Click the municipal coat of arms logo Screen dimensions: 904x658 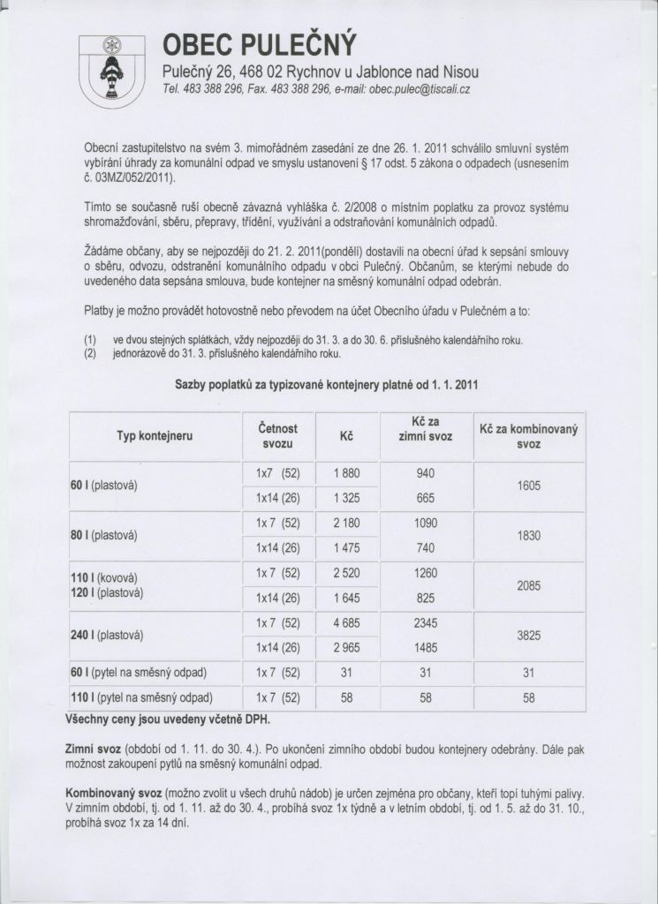click(x=111, y=72)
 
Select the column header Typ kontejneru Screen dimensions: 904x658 click(x=155, y=436)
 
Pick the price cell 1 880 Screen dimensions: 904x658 click(x=346, y=473)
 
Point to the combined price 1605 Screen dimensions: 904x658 click(x=529, y=486)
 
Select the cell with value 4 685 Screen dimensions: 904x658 click(x=346, y=623)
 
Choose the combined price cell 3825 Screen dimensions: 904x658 click(x=529, y=635)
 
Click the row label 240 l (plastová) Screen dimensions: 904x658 click(x=107, y=635)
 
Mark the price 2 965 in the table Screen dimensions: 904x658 click(x=346, y=648)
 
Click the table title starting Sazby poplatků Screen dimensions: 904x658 click(x=327, y=386)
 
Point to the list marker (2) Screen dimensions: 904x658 click(x=91, y=354)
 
